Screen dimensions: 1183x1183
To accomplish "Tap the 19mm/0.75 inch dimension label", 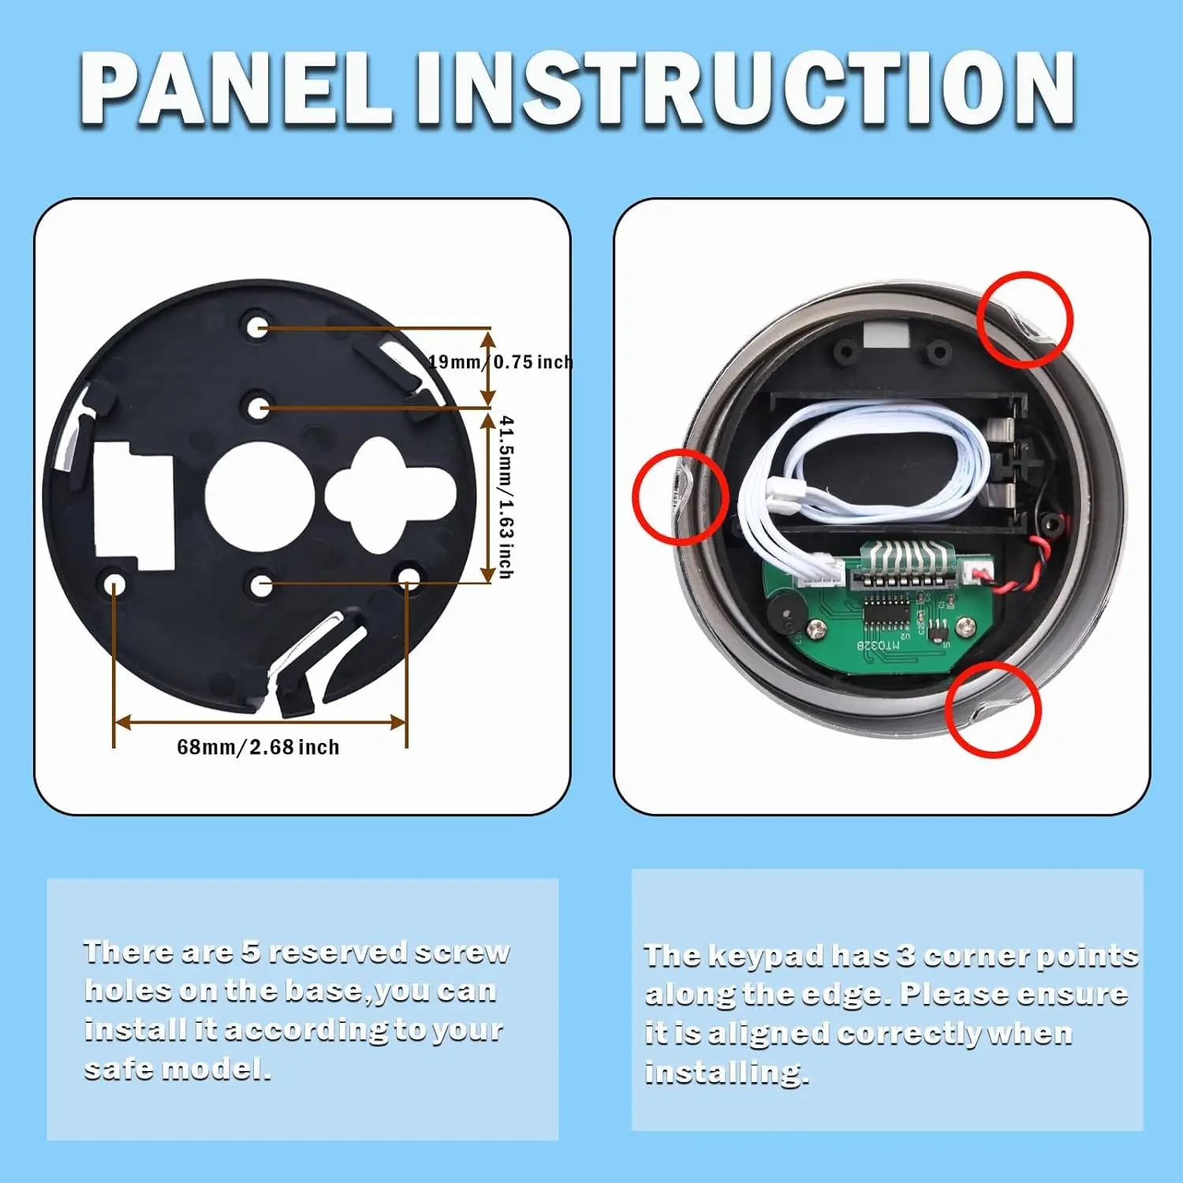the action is (x=500, y=362).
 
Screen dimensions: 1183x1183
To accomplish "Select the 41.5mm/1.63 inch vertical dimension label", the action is (x=507, y=498).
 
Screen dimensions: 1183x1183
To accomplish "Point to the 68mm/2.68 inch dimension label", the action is (x=258, y=747).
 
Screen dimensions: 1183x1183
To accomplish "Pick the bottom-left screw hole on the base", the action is (x=115, y=585).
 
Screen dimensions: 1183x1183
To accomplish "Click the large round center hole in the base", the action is (x=259, y=497).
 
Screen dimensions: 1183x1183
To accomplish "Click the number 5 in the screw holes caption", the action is (x=251, y=952).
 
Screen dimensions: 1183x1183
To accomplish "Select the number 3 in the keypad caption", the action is (x=906, y=955).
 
